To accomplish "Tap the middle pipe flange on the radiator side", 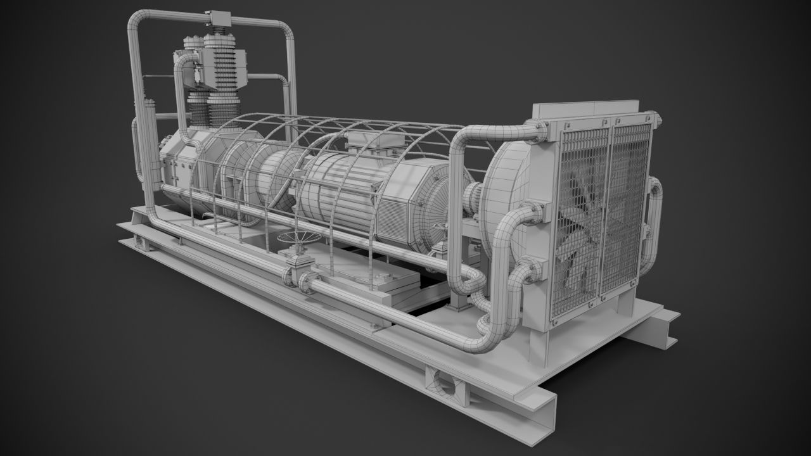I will (x=536, y=212).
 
